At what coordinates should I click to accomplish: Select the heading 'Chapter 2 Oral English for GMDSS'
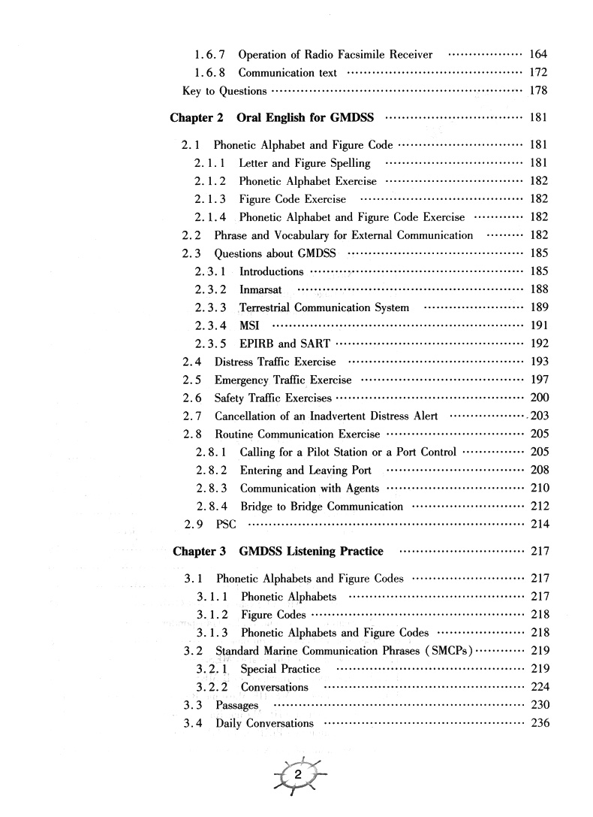click(x=273, y=118)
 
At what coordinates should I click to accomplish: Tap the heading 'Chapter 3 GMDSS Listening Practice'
click(x=278, y=551)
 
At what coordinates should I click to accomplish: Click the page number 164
click(x=538, y=54)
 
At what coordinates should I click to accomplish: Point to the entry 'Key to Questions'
click(x=224, y=91)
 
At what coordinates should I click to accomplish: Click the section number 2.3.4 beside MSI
click(x=211, y=325)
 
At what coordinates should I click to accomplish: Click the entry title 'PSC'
click(x=226, y=524)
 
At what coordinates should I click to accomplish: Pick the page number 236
click(x=540, y=723)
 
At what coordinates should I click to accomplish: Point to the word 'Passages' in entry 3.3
click(x=236, y=705)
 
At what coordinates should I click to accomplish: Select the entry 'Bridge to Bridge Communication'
click(x=321, y=507)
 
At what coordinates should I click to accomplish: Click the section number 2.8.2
click(x=212, y=471)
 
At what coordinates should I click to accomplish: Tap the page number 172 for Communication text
click(x=538, y=72)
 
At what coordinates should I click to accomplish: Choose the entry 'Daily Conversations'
click(x=264, y=723)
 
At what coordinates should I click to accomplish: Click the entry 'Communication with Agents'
click(x=309, y=489)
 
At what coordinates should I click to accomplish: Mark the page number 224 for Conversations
click(x=540, y=687)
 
